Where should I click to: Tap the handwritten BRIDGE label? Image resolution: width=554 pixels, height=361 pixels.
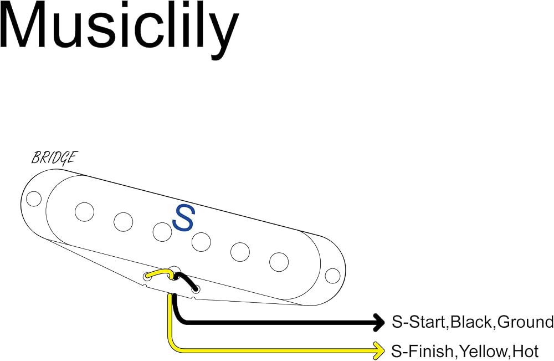pyautogui.click(x=54, y=157)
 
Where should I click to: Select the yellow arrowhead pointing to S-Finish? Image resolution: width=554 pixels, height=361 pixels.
pyautogui.click(x=379, y=351)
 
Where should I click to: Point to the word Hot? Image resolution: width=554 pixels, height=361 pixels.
pyautogui.click(x=525, y=352)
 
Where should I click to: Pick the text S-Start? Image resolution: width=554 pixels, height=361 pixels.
pyautogui.click(x=419, y=322)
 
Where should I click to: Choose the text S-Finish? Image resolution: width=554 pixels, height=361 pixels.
pyautogui.click(x=422, y=352)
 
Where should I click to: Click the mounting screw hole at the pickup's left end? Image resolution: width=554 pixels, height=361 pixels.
pyautogui.click(x=34, y=199)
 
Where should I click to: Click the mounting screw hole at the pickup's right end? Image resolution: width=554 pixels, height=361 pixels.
pyautogui.click(x=332, y=276)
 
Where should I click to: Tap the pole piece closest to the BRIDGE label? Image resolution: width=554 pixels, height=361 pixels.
pyautogui.click(x=84, y=212)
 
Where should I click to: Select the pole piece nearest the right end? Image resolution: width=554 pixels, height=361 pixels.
pyautogui.click(x=279, y=262)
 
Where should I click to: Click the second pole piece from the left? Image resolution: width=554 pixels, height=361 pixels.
pyautogui.click(x=124, y=222)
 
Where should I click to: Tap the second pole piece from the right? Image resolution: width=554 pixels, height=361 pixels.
pyautogui.click(x=240, y=252)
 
